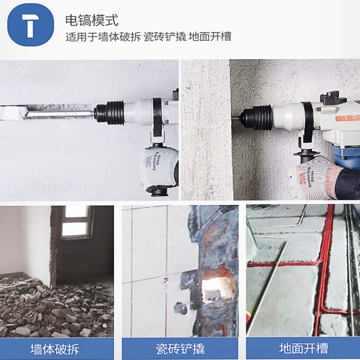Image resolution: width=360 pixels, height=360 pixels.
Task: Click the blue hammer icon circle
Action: point(31,25)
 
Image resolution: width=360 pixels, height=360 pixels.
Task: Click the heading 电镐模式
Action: point(92,20)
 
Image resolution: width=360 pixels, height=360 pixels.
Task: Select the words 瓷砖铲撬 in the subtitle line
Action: point(165,37)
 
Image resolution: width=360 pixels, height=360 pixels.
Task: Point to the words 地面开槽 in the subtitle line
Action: point(210,37)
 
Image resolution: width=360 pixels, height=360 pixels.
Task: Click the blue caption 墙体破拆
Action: point(55,349)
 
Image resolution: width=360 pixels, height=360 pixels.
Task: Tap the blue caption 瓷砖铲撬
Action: point(180,349)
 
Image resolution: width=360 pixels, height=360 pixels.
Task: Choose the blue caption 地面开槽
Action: point(303,348)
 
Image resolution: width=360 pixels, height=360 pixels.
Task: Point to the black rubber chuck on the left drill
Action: point(109,113)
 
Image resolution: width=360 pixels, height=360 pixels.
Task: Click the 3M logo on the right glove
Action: point(302,178)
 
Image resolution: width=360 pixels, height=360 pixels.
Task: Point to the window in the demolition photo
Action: point(76,222)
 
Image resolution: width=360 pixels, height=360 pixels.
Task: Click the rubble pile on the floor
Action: point(55,308)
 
